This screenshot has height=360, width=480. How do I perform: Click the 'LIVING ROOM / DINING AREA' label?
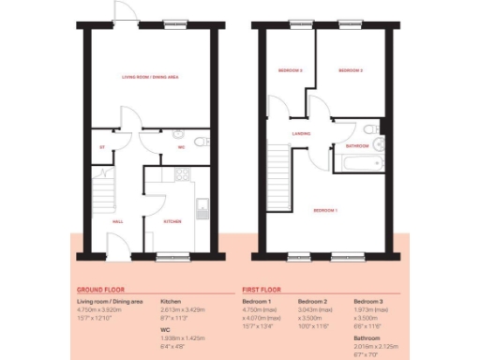pyautogui.click(x=152, y=77)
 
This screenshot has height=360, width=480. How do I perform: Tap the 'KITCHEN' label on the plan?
pyautogui.click(x=172, y=221)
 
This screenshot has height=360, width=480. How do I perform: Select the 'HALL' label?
pyautogui.click(x=119, y=221)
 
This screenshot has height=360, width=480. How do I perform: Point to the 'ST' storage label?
pyautogui.click(x=101, y=147)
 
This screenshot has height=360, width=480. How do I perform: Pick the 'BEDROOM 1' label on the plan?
pyautogui.click(x=325, y=210)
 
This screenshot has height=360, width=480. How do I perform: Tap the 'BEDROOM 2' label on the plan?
pyautogui.click(x=351, y=71)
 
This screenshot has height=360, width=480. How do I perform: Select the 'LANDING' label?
pyautogui.click(x=301, y=134)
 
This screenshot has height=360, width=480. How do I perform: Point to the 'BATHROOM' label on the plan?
pyautogui.click(x=356, y=147)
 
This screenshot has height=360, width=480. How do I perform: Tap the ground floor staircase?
pyautogui.click(x=103, y=198)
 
